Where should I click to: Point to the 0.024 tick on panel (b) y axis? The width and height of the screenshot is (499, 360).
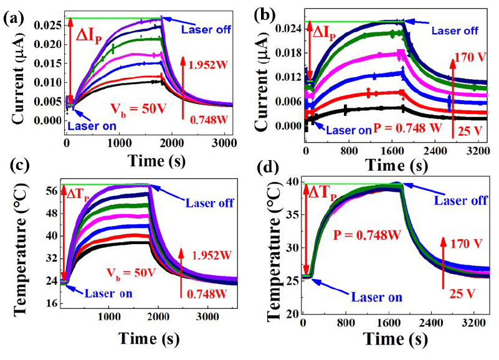tap(290, 29)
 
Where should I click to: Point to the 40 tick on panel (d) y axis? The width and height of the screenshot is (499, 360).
tap(292, 181)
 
